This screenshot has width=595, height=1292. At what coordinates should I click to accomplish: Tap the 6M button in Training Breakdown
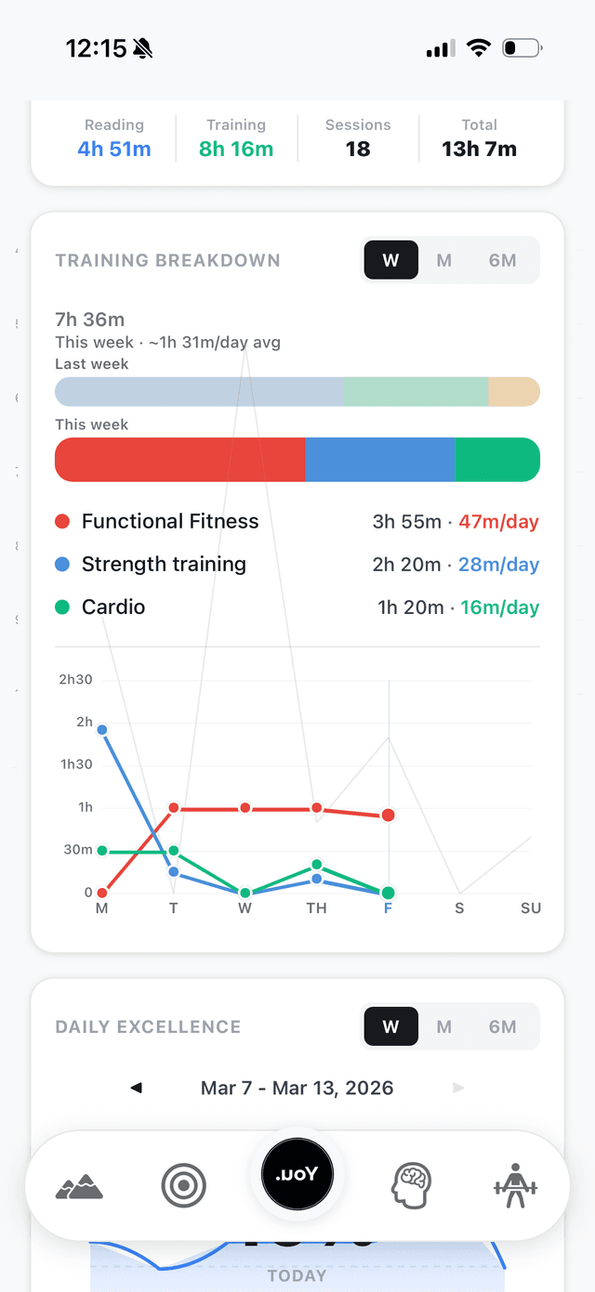502,260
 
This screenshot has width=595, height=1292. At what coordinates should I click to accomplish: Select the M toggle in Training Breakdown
444,260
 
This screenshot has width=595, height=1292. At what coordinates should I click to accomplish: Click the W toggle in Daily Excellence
390,1026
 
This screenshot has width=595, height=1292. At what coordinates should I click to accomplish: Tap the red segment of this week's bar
180,460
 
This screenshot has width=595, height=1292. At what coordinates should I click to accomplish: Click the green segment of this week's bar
497,460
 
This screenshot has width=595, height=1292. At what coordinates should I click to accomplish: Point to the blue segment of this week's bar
379,460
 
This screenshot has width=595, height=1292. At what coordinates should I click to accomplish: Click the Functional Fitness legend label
170,521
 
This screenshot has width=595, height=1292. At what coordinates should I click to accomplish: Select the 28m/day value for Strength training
498,564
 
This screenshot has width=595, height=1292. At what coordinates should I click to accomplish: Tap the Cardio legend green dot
62,607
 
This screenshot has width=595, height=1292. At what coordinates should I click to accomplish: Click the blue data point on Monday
102,730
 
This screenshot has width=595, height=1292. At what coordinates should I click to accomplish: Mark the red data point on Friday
388,816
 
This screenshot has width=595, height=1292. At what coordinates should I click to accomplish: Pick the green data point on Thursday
317,865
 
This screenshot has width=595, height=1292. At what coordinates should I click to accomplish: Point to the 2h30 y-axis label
75,679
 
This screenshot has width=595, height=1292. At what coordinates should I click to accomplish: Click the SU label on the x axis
531,907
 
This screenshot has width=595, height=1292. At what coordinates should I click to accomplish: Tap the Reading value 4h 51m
114,149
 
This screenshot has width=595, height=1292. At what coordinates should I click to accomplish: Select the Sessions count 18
358,149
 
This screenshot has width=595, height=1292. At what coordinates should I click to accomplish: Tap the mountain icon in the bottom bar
79,1186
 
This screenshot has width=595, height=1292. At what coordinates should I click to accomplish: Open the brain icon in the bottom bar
411,1186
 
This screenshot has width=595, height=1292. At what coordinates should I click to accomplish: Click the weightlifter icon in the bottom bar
515,1186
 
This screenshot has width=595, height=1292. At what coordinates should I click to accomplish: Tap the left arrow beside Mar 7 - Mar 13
137,1088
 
